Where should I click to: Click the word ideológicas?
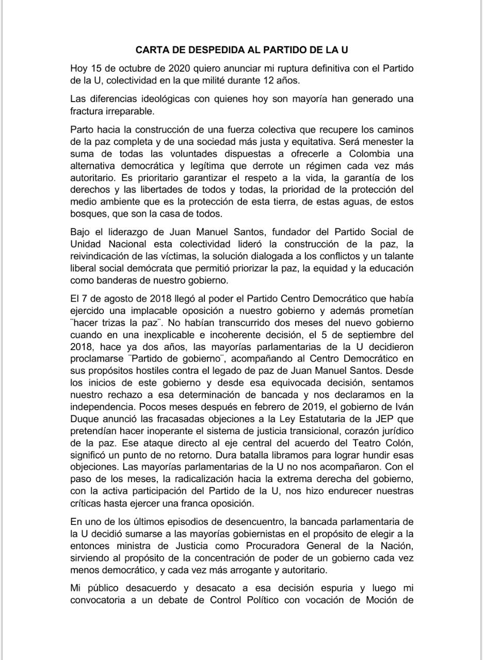pos(160,99)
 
